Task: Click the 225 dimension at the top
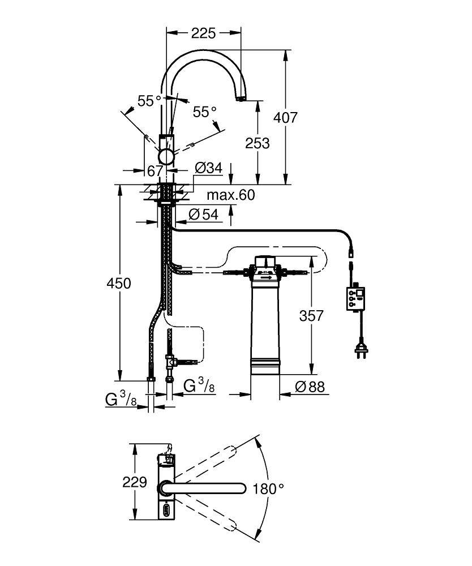click(203, 33)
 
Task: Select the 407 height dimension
click(285, 118)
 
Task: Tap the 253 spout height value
click(257, 143)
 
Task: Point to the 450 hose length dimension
click(119, 283)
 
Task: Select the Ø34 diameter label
click(208, 168)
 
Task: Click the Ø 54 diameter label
click(202, 214)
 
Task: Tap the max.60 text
click(230, 195)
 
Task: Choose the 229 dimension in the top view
click(135, 483)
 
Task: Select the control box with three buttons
click(355, 298)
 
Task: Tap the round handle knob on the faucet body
click(167, 156)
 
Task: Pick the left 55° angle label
click(149, 101)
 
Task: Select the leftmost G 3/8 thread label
click(121, 399)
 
